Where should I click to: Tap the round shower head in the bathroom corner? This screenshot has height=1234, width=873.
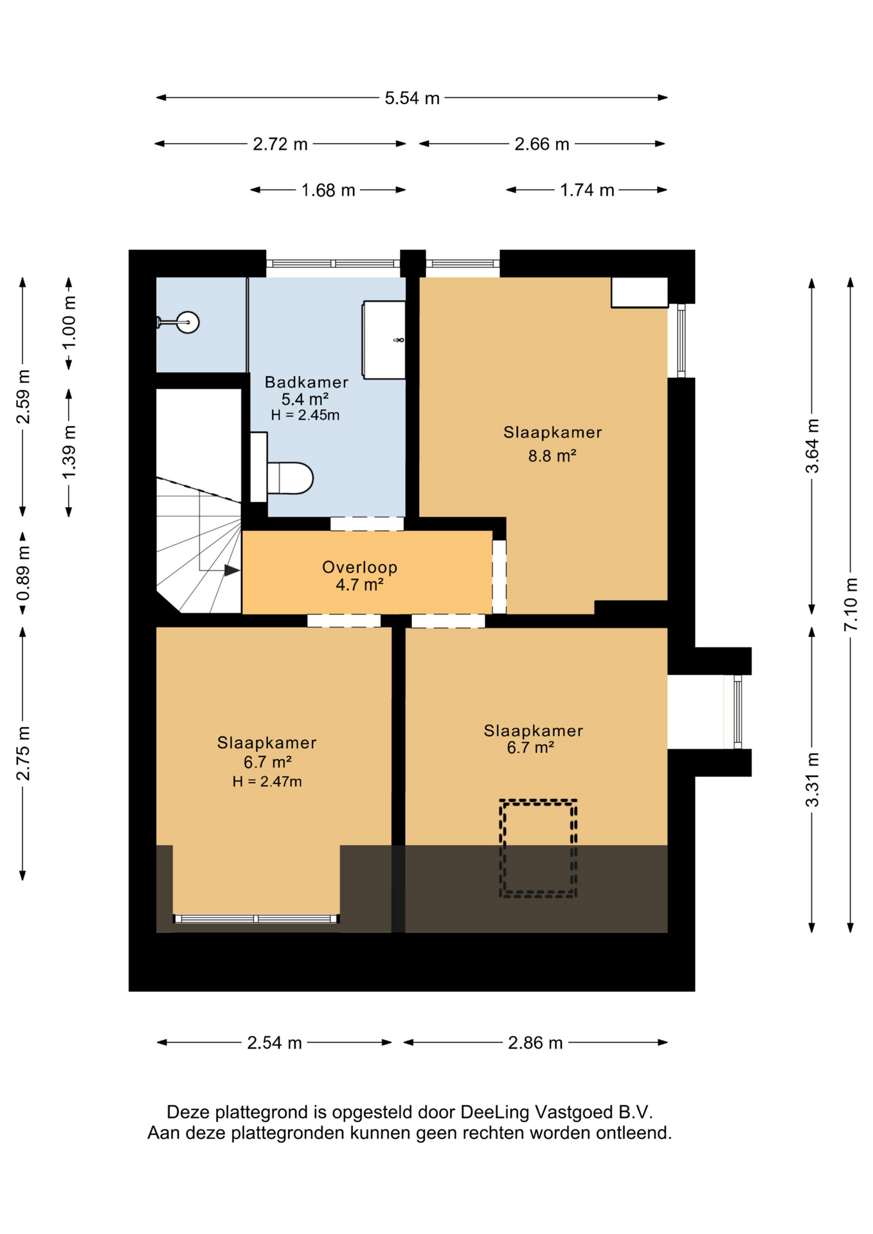188,322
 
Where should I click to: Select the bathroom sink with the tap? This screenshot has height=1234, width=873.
384,339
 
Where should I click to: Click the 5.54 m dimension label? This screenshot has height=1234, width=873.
412,98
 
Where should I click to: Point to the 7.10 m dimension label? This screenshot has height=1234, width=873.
851,604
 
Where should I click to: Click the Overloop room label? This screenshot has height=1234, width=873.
360,568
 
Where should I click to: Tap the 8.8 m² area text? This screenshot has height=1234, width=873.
552,456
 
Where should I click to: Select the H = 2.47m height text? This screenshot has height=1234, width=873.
267,782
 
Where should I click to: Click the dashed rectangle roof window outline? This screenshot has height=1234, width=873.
539,848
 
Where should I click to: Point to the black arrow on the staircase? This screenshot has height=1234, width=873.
232,570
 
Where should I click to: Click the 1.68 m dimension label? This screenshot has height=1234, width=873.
328,190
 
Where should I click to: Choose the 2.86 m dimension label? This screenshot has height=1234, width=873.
535,1042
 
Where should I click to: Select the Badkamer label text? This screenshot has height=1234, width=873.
307,382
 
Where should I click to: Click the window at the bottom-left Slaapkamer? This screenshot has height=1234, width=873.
256,918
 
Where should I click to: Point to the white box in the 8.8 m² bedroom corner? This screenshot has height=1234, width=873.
639,292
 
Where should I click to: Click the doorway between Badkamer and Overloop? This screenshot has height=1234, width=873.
367,524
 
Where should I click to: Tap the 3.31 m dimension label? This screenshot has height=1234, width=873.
813,779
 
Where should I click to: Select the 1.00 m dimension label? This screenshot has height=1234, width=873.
69,323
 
